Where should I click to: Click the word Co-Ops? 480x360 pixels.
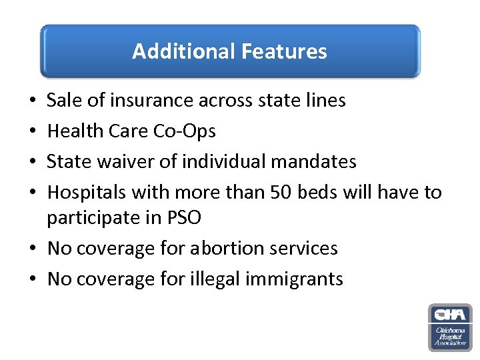pos(185,131)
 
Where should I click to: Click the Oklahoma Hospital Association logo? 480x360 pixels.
pos(450,327)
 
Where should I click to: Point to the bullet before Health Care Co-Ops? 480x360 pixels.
pos(33,132)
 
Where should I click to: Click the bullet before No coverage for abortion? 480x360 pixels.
pos(33,249)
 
